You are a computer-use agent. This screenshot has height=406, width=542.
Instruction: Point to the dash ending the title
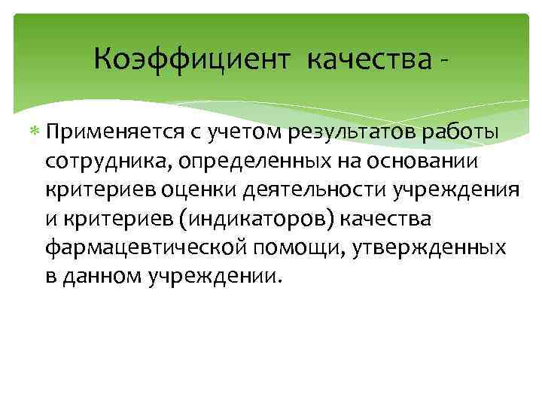click(450, 60)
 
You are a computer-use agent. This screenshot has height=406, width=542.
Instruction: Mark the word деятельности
click(316, 190)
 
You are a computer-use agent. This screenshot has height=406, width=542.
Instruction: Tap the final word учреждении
click(218, 276)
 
